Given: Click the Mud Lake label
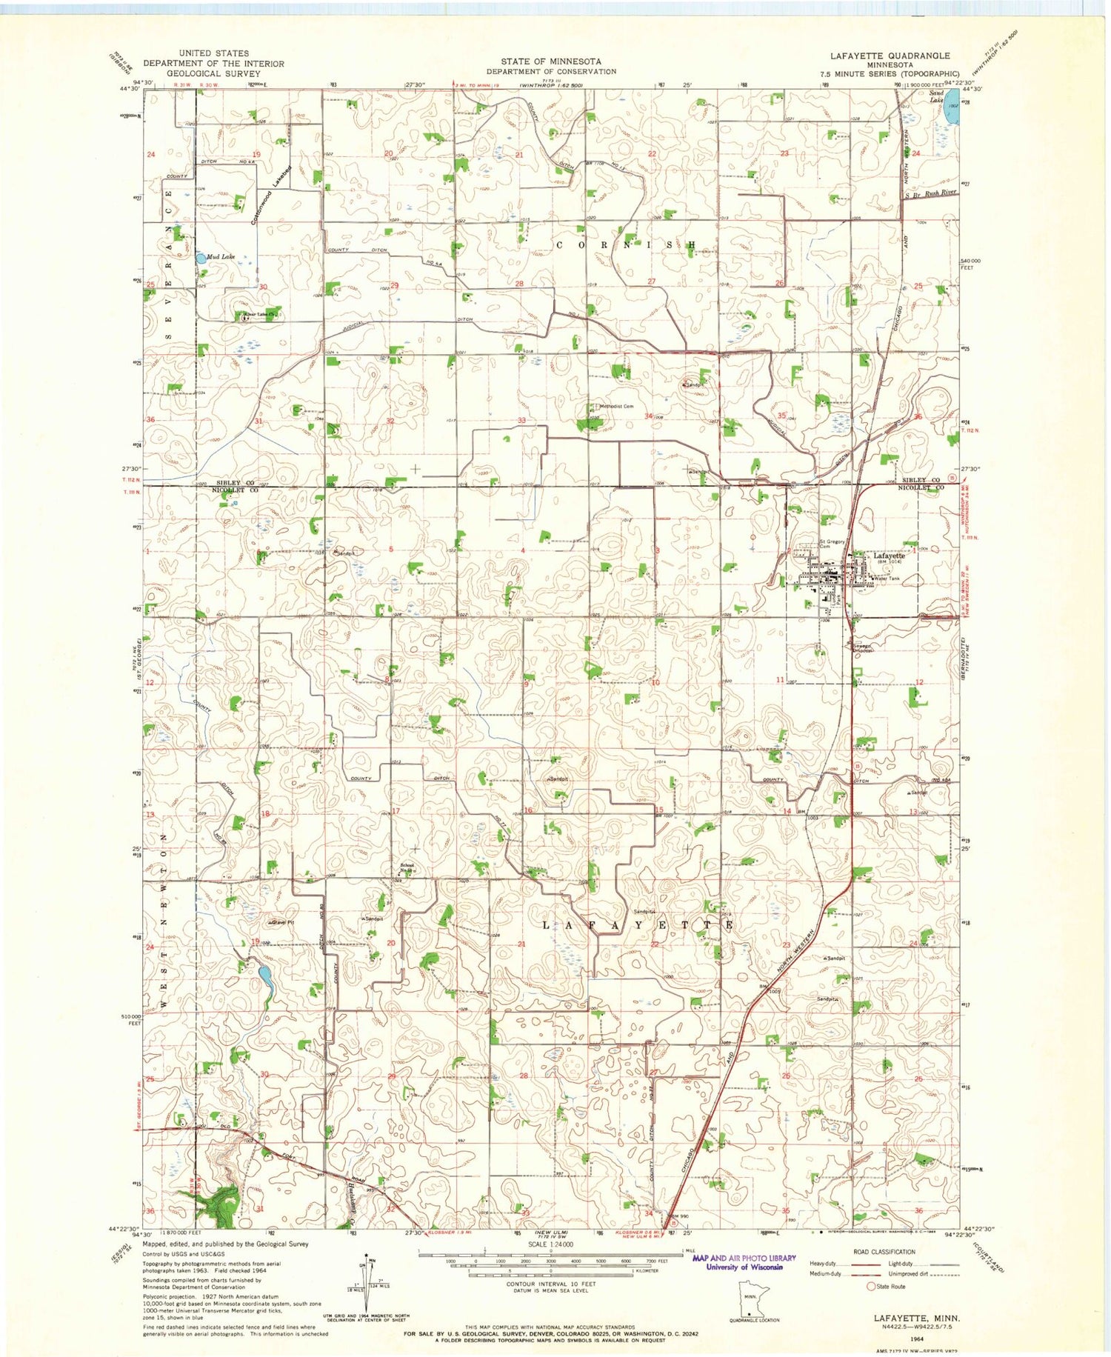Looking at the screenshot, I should click(221, 257).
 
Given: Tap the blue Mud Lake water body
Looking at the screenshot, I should click(200, 259).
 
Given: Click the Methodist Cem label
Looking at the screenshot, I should click(615, 406).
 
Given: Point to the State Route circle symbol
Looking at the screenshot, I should click(871, 1287).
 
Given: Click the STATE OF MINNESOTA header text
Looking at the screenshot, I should click(550, 61).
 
